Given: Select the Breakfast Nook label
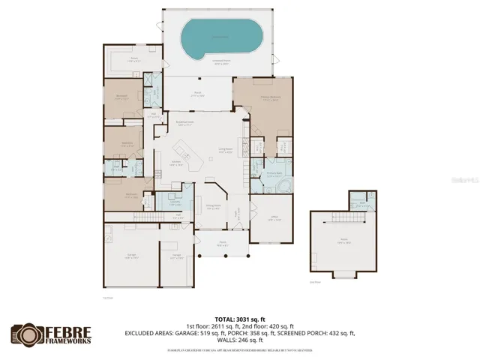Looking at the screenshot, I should (x=185, y=124).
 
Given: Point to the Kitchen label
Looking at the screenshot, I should (x=177, y=163).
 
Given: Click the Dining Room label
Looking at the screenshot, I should (x=213, y=205).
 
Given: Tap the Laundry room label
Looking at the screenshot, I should (x=174, y=203).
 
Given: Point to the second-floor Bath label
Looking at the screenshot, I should (x=361, y=202).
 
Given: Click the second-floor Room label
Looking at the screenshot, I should (x=344, y=241).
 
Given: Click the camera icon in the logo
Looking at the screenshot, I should (x=24, y=334).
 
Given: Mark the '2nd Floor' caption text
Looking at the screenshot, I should (x=315, y=282).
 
